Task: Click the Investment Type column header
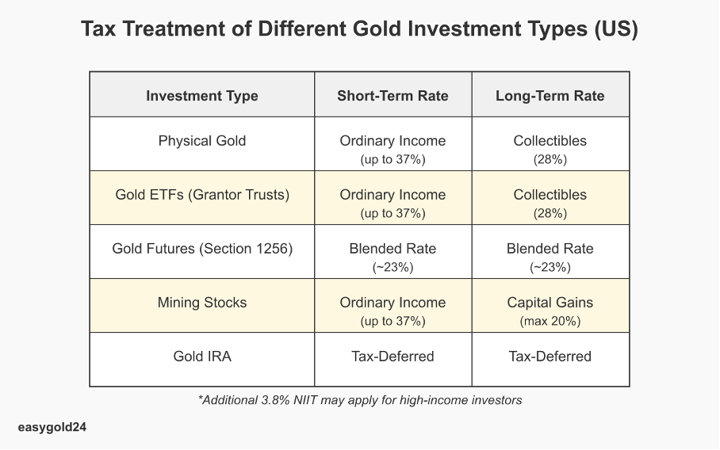tap(202, 96)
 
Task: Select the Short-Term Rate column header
tap(393, 96)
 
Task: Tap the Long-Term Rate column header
tap(550, 96)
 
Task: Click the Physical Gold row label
tap(202, 141)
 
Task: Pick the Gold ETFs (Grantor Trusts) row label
tap(202, 195)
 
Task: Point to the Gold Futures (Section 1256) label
tap(202, 249)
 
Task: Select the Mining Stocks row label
tap(202, 303)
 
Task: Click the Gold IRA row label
tap(202, 357)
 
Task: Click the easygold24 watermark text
tap(52, 428)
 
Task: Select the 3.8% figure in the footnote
tap(275, 400)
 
